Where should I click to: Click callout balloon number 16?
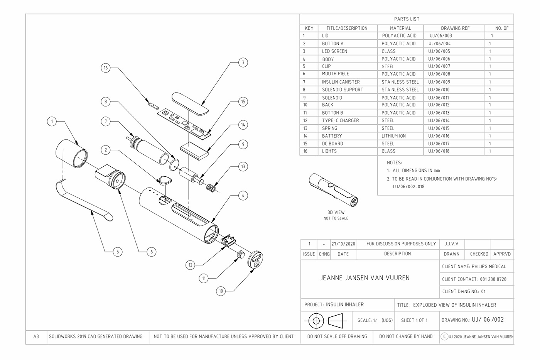coord(106,68)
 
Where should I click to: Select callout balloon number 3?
coord(243,62)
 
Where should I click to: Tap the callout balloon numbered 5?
coord(117,252)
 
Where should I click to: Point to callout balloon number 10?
coord(221,291)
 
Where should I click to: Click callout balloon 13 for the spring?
coord(243,167)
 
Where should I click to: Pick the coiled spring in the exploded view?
coord(211,188)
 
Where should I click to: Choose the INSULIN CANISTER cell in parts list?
coord(341,82)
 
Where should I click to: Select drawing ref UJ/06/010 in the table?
coord(439,90)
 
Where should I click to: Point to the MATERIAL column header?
coord(400,28)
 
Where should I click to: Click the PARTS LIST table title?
coord(407,19)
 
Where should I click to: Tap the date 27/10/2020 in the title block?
coord(343,244)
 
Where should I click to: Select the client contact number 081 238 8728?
coord(493,279)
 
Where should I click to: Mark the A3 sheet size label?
coord(36,336)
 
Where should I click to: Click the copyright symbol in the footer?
coord(444,336)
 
